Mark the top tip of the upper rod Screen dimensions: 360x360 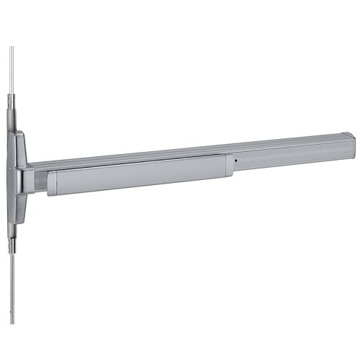[x=12, y=48]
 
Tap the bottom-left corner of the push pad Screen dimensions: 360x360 [x=49, y=194]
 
